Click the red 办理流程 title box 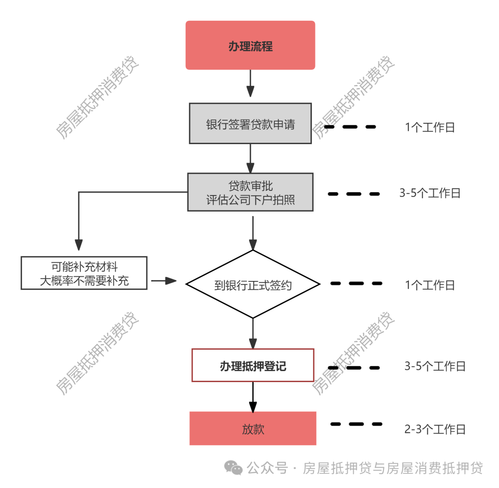tap(250, 45)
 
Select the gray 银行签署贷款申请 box tap(250, 123)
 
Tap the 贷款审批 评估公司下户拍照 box tap(250, 192)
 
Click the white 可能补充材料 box tap(84, 273)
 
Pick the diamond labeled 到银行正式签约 tap(253, 284)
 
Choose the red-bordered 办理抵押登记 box tap(253, 365)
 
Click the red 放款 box tap(253, 428)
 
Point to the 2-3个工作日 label tap(435, 429)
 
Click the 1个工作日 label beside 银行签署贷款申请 tap(430, 128)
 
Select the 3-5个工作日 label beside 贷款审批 tap(430, 193)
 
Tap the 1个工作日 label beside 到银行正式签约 tap(430, 285)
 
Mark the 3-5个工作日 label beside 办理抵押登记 tap(435, 366)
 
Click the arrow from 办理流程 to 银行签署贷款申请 tap(250, 83)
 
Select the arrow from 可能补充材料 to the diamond tap(164, 281)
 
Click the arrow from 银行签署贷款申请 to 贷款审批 tap(250, 158)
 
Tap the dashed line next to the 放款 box tap(356, 424)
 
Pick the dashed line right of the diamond tap(356, 283)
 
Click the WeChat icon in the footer tap(233, 468)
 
